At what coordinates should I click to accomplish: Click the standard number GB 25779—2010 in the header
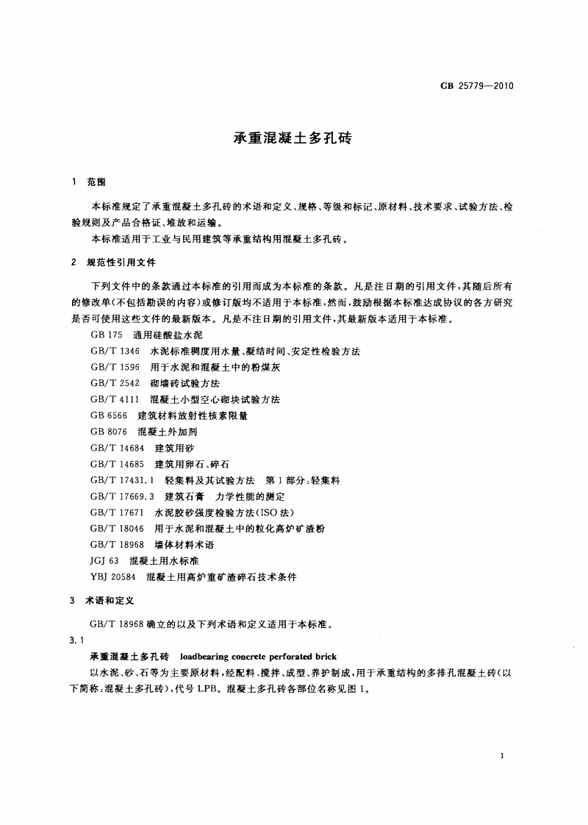476,85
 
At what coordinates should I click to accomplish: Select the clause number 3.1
76,640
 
